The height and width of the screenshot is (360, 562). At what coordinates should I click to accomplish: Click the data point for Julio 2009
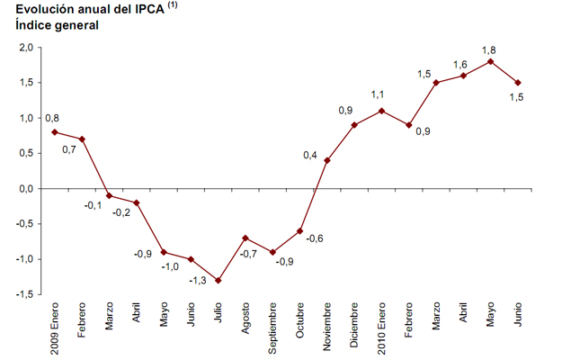218,281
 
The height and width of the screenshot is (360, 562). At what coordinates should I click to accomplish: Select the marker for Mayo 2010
490,61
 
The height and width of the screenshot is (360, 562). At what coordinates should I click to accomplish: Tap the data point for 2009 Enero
54,132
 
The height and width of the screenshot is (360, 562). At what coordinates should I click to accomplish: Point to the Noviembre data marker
326,160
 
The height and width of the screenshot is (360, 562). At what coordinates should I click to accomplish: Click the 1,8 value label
490,49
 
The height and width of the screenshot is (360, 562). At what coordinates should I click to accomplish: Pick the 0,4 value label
309,156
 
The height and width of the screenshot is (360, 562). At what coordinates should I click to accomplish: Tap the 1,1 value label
379,94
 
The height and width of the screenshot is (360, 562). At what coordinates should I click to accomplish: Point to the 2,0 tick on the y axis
26,48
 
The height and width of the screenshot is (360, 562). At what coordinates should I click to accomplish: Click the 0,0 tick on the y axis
26,189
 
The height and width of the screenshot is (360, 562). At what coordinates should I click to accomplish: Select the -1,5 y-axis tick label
24,294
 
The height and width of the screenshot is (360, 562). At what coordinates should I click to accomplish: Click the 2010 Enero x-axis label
382,329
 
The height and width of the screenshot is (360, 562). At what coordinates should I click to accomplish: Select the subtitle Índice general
57,25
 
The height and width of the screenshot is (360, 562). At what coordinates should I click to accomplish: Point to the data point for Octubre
299,230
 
